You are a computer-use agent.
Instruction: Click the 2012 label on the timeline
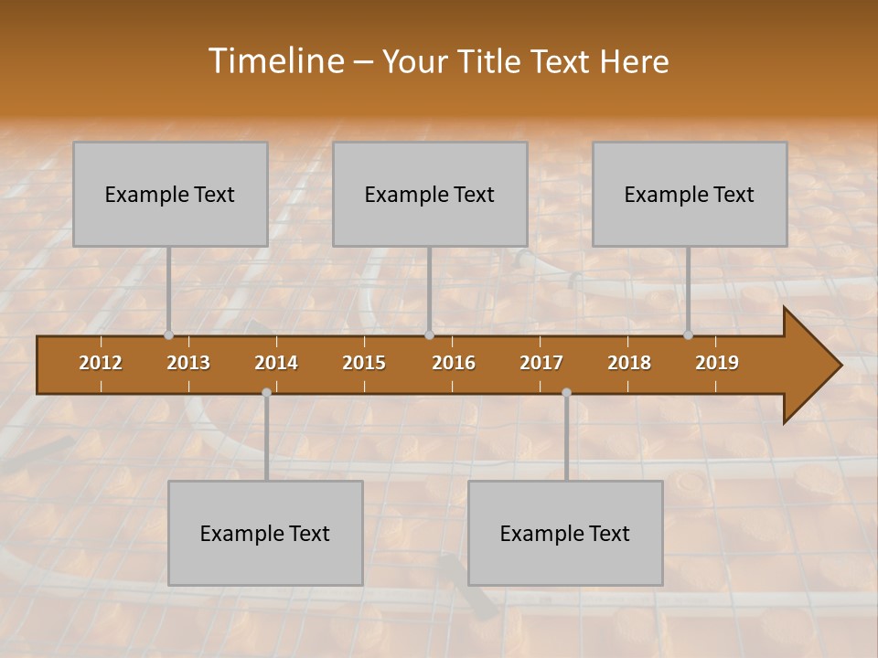(x=101, y=363)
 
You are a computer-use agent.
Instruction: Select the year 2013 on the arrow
(x=188, y=363)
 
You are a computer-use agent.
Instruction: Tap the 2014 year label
(x=276, y=363)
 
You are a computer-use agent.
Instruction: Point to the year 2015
(x=364, y=363)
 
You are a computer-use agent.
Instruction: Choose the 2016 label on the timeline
(x=454, y=363)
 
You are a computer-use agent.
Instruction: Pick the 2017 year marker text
(x=541, y=363)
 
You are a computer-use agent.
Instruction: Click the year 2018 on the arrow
(x=629, y=363)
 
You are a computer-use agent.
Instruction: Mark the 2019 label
(x=717, y=363)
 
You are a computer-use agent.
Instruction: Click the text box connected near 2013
(x=170, y=195)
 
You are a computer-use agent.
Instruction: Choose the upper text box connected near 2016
(x=430, y=195)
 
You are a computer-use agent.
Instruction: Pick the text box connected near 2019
(x=690, y=195)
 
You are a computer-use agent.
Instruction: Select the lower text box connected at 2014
(x=265, y=534)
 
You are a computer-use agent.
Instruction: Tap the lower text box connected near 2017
(x=565, y=534)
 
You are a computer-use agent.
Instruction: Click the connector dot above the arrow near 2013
(x=169, y=334)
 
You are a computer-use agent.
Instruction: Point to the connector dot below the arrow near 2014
(x=266, y=392)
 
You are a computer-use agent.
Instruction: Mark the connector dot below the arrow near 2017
(x=566, y=392)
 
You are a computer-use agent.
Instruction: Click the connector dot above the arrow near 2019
(x=689, y=334)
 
